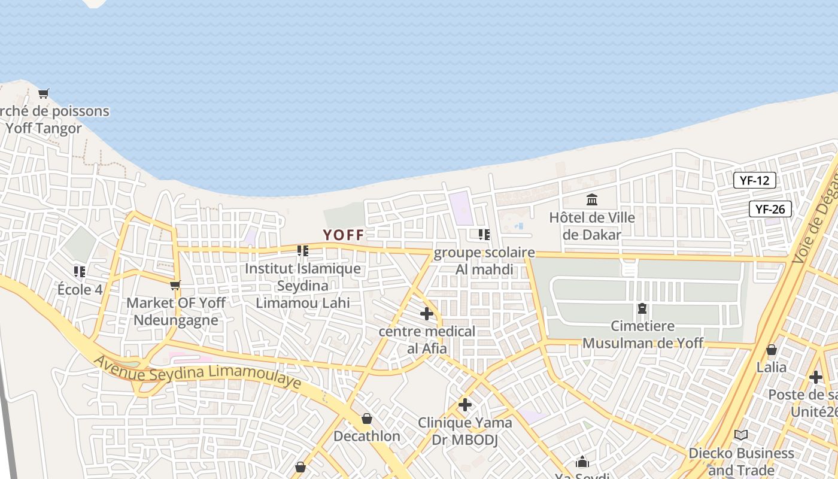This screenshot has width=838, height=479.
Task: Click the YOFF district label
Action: [x=344, y=235]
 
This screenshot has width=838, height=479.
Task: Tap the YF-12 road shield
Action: [x=754, y=180]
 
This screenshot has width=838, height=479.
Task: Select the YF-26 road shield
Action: [x=770, y=209]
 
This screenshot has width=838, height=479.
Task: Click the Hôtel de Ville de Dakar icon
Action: [x=592, y=199]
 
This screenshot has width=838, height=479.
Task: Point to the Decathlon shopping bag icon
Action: [x=367, y=419]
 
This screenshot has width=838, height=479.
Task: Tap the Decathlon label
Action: [x=367, y=436]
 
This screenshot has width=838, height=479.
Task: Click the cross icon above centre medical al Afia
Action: [x=427, y=313]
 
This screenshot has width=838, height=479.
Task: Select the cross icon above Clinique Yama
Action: [x=465, y=405]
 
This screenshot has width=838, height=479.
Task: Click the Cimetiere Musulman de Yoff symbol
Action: [x=642, y=308]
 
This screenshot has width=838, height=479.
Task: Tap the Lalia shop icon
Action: [x=772, y=350]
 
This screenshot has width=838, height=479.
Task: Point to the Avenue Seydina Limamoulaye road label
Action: [x=198, y=372]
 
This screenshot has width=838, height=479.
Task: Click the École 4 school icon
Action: [x=80, y=272]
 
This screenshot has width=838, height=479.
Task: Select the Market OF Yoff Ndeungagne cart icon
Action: [x=175, y=285]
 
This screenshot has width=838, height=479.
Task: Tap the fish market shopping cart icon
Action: [x=43, y=93]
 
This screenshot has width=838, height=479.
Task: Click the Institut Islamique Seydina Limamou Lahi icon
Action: [x=303, y=251]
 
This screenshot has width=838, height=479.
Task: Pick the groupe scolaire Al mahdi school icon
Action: [x=484, y=235]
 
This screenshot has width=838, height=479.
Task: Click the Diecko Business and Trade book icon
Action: [x=741, y=435]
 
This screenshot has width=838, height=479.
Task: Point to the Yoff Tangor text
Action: [x=43, y=128]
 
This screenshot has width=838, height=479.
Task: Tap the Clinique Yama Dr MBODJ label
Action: [x=465, y=431]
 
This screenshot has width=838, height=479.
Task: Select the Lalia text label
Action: [x=772, y=366]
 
